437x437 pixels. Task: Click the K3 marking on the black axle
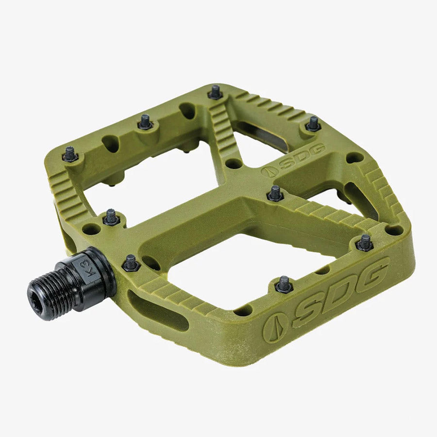click(83, 269)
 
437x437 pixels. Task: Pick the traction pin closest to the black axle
click(131, 263)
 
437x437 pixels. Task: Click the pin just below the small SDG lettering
click(275, 193)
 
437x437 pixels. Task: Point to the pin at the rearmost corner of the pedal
click(215, 91)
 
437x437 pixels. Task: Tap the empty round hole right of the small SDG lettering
click(354, 158)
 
